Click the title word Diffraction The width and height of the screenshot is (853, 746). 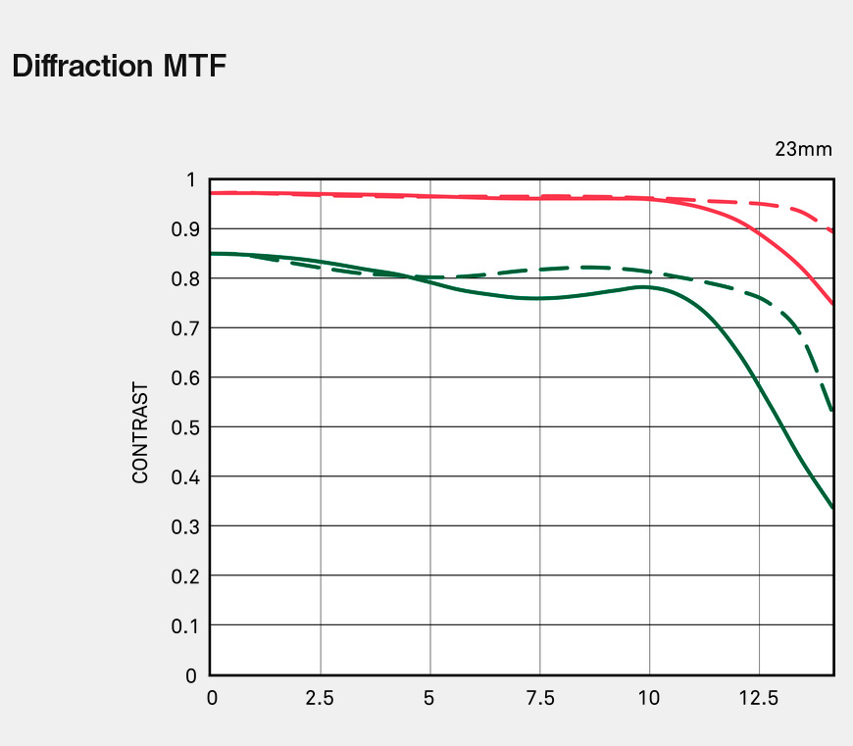81,67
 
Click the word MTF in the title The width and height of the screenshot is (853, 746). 193,67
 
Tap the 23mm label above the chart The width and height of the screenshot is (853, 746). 803,150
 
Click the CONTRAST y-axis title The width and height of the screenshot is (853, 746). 140,432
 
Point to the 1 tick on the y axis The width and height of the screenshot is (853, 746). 191,179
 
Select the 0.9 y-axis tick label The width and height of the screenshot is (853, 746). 184,229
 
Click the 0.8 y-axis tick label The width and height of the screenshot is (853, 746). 184,278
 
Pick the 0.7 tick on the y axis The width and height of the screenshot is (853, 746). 184,328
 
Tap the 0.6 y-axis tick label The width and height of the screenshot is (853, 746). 184,377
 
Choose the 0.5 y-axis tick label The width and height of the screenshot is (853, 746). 184,427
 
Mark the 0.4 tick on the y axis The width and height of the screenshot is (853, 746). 184,477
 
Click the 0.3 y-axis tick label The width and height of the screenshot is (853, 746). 184,526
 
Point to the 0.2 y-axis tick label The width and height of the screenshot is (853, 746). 184,576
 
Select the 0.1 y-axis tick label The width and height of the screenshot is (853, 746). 184,625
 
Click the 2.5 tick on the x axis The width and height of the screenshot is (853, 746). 320,699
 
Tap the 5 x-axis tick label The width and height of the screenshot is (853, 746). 429,699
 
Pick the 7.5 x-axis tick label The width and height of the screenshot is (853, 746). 539,699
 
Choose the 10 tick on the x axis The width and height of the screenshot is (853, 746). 649,699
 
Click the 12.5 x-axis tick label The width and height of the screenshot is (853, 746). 758,699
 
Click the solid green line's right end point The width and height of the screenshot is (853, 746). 833,508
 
